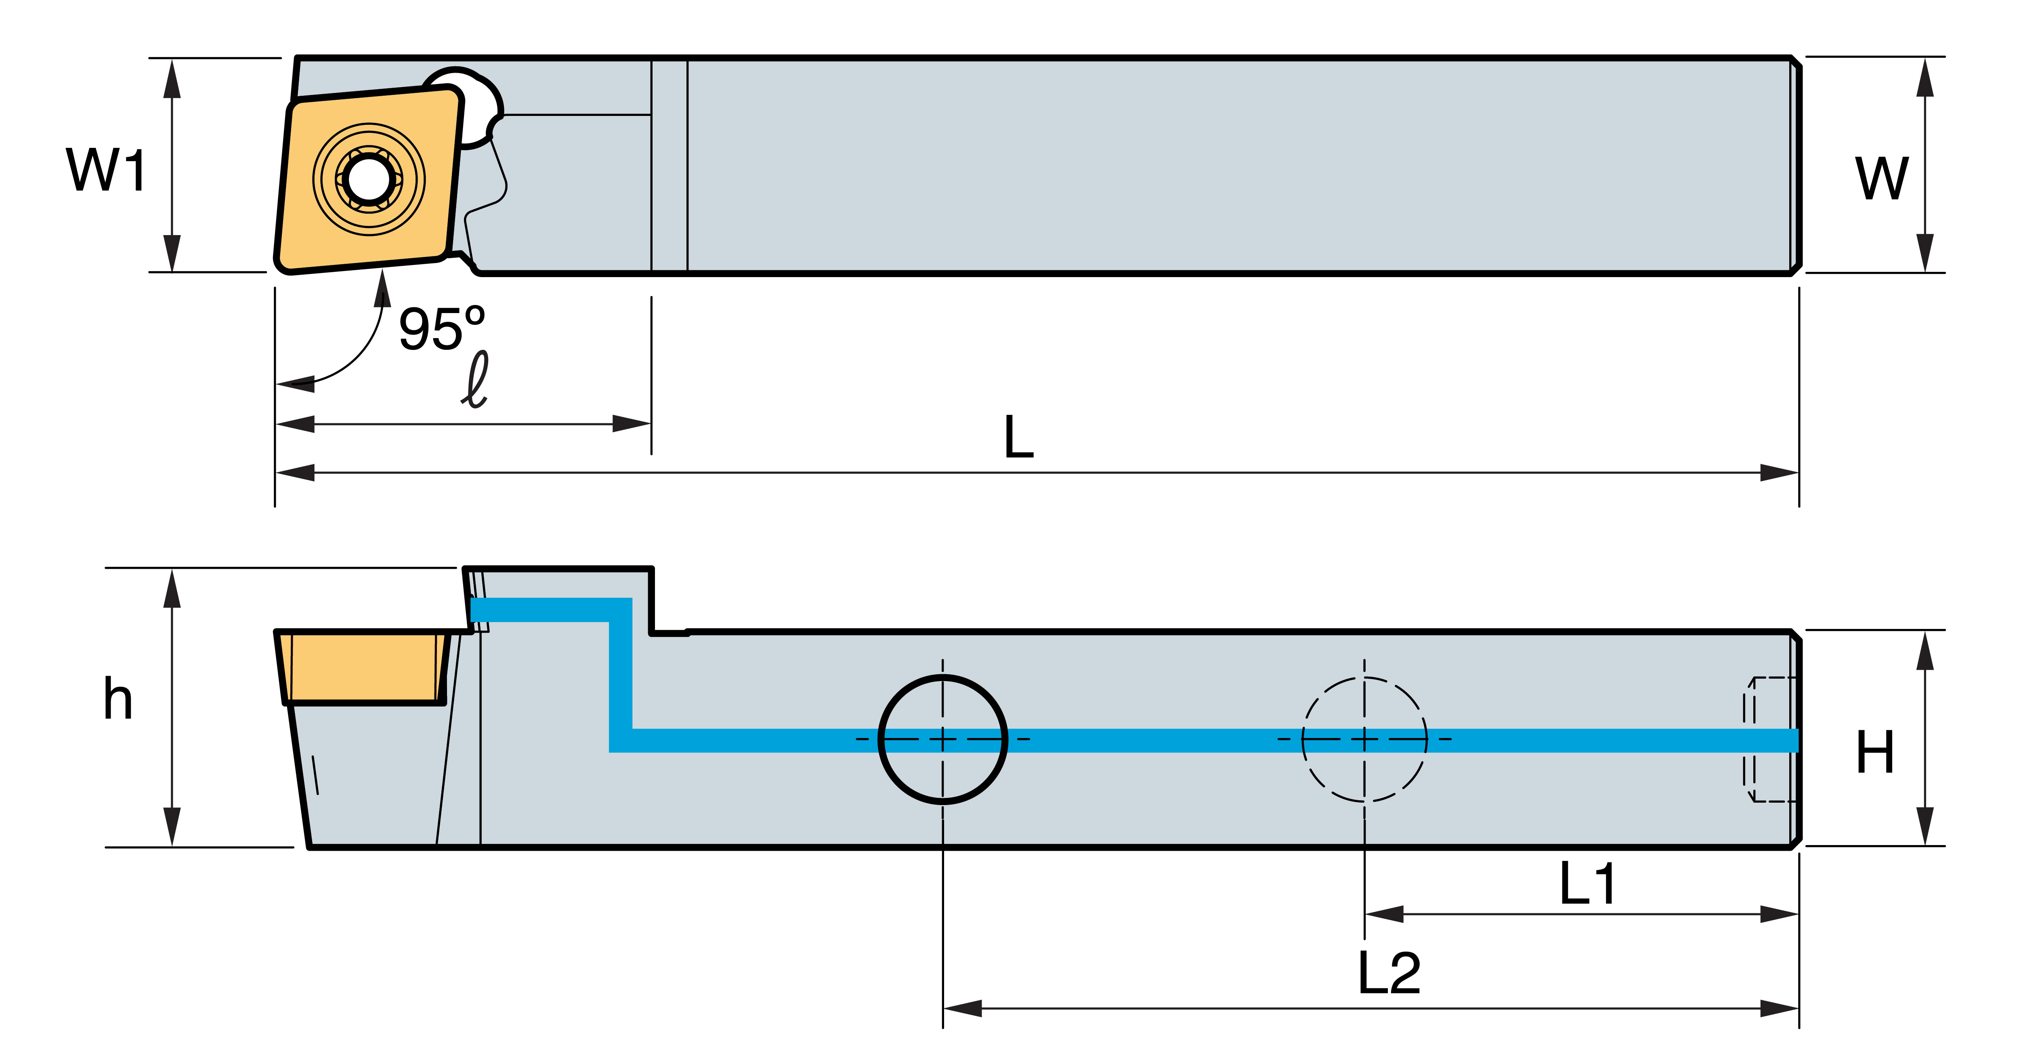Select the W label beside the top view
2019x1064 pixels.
1881,179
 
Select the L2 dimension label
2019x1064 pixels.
1389,973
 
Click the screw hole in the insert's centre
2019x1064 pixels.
368,179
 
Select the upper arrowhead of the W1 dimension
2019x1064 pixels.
172,78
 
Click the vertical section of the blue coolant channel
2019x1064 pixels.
621,675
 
